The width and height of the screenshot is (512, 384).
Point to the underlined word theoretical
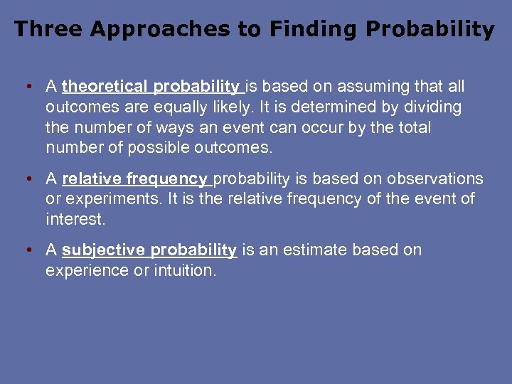(x=106, y=87)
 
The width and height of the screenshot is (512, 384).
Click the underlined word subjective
(x=105, y=250)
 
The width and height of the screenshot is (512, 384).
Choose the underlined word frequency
(x=166, y=179)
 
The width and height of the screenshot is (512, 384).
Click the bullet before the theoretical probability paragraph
(x=26, y=87)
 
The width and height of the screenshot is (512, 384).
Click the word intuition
(x=184, y=271)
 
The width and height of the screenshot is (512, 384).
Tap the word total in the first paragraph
(x=413, y=128)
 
